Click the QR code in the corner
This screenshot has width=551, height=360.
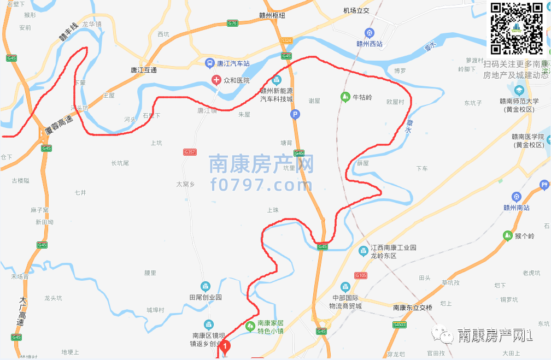517,28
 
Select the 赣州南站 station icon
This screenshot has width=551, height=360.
516,197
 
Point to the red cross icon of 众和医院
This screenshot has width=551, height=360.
216,80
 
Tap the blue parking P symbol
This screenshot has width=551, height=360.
295,114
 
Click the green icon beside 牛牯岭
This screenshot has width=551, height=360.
345,97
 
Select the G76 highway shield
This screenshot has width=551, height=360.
233,23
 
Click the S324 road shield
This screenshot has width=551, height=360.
286,40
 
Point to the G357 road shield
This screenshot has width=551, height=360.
190,151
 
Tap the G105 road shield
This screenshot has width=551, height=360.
360,275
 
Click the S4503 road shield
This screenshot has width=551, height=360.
400,324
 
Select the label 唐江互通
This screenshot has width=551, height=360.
144,70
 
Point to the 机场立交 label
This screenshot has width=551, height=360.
356,10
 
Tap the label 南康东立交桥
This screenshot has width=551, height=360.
413,308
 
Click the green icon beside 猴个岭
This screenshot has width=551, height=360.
507,236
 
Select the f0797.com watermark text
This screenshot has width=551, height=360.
261,185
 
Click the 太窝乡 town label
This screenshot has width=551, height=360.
186,184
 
